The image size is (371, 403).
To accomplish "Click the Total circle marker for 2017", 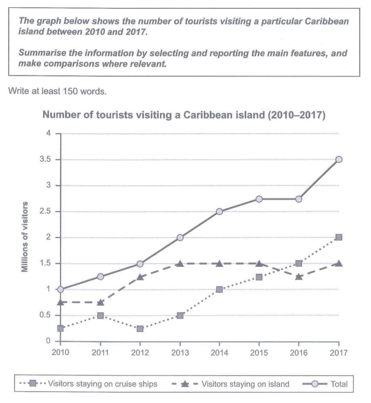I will [x=339, y=159].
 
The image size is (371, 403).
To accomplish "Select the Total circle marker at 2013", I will [x=180, y=237].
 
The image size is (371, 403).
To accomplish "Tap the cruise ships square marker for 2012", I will [x=140, y=329].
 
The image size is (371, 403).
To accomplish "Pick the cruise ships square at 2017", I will [x=339, y=237].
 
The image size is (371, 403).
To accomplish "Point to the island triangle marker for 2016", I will [x=299, y=276].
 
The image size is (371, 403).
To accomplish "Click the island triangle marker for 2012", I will [x=140, y=276].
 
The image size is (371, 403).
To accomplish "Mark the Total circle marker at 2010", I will [x=61, y=289].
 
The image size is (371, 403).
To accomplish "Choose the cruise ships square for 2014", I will [x=220, y=289].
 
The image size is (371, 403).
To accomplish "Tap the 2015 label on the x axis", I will [x=259, y=353].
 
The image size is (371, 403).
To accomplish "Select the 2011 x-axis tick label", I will [x=101, y=353].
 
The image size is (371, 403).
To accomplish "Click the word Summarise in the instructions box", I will [x=42, y=54].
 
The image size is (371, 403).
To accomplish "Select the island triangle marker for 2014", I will [x=220, y=263].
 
